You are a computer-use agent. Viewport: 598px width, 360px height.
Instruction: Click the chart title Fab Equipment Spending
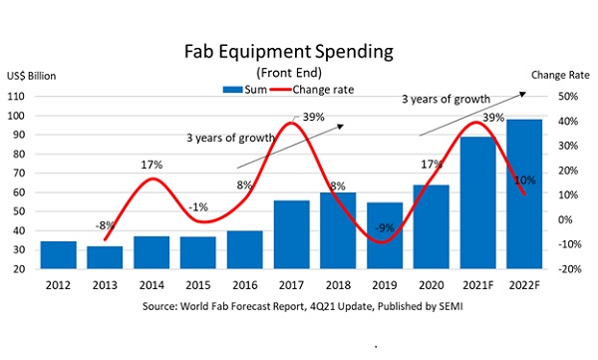[289, 52]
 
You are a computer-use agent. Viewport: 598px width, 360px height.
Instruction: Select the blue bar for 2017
[292, 234]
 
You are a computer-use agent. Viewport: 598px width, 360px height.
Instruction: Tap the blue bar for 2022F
[524, 193]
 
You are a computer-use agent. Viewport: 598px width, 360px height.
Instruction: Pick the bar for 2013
[105, 257]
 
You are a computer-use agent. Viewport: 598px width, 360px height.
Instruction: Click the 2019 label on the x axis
[385, 285]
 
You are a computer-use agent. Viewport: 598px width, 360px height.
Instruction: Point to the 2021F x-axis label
[477, 285]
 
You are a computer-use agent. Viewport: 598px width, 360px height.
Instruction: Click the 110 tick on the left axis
[16, 97]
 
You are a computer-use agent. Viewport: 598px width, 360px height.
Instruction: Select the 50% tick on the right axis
[568, 97]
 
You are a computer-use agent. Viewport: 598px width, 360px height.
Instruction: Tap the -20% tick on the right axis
[570, 269]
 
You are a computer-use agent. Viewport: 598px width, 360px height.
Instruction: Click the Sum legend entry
[245, 90]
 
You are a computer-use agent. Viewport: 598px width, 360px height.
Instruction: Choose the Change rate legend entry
[312, 90]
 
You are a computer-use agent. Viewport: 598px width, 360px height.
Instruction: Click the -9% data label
[384, 228]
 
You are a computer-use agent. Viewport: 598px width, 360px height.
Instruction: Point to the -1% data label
[198, 207]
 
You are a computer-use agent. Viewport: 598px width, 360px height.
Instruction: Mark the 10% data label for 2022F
[525, 180]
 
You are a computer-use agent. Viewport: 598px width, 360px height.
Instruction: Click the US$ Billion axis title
[31, 76]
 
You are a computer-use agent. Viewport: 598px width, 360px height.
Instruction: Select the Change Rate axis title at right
[560, 75]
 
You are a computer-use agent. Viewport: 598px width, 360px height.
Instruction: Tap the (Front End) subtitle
[289, 73]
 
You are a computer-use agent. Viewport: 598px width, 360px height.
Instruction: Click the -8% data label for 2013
[105, 225]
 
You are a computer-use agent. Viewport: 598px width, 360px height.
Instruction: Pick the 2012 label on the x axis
[58, 285]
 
